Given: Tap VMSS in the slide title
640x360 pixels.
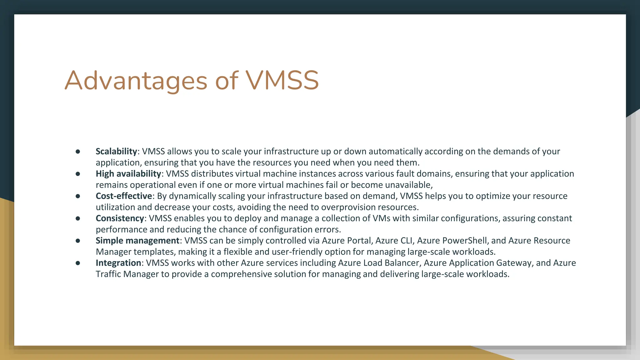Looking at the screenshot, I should (x=282, y=81).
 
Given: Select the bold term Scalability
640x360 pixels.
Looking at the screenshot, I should (x=116, y=152).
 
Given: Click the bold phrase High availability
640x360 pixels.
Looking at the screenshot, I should (x=128, y=174).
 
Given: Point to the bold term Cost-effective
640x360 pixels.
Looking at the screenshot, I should (x=124, y=196).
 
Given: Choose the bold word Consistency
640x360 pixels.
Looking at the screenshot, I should (x=120, y=218).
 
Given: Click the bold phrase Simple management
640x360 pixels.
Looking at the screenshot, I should (x=137, y=241).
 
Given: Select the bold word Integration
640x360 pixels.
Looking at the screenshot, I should (x=118, y=263).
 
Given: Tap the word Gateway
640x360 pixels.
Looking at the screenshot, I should (x=514, y=263).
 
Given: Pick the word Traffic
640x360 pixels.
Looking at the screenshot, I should (x=108, y=274).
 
